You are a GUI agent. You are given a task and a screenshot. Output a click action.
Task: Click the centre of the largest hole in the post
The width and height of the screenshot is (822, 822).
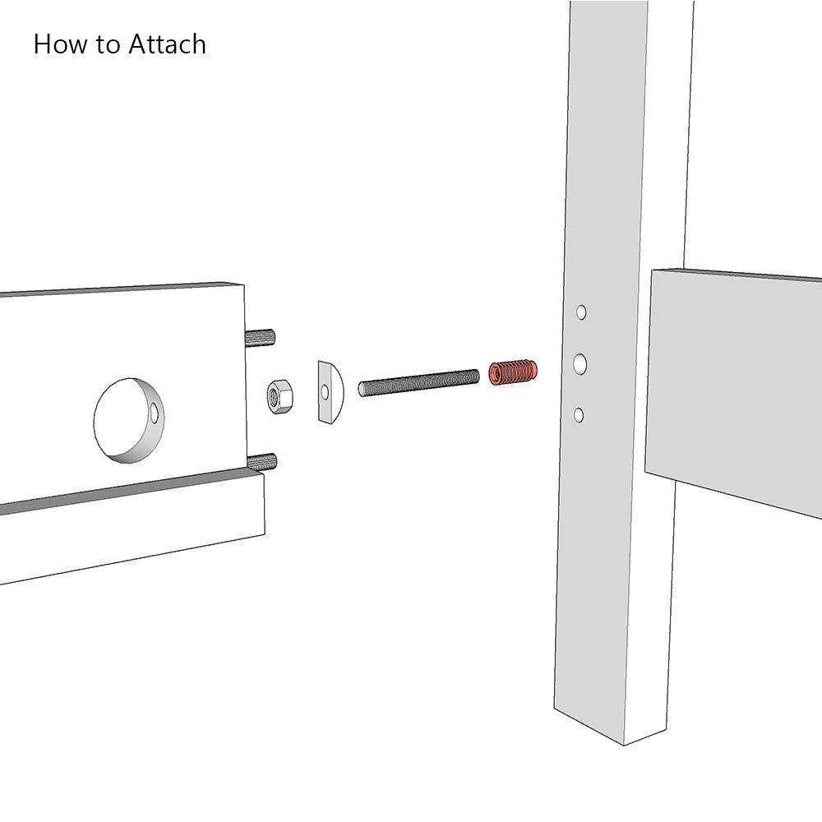point(580,364)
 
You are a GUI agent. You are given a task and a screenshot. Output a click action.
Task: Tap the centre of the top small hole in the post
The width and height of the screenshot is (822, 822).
point(581,312)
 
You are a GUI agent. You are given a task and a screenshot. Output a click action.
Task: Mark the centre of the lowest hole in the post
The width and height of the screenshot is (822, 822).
point(578,415)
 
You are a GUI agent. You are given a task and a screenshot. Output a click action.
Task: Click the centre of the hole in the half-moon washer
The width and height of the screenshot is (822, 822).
point(325,391)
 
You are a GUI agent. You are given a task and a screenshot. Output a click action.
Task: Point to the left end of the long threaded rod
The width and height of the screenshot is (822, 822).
point(360,390)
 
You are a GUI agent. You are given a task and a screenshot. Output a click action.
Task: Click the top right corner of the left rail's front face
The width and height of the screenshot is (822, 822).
point(244,285)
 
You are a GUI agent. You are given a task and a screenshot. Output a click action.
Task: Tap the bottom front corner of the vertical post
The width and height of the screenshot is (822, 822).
point(624,745)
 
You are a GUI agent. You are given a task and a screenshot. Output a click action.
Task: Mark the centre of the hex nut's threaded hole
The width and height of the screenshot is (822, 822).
point(274,397)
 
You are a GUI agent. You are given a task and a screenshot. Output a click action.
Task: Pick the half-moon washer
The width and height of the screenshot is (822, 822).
point(330,391)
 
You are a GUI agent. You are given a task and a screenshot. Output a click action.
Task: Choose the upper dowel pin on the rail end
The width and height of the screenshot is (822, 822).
point(260,336)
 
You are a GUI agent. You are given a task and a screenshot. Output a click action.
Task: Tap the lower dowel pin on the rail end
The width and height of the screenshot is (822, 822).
point(261,462)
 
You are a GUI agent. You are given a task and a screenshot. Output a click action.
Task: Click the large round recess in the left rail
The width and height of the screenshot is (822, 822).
point(129,420)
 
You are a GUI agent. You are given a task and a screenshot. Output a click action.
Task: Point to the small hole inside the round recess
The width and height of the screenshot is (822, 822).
point(155,414)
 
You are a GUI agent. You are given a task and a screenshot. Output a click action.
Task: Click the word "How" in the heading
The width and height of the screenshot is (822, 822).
point(60,44)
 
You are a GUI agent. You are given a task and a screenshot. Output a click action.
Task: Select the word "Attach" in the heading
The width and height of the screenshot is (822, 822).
point(167,44)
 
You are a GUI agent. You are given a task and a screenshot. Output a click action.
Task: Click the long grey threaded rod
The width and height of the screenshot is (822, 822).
point(419,383)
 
